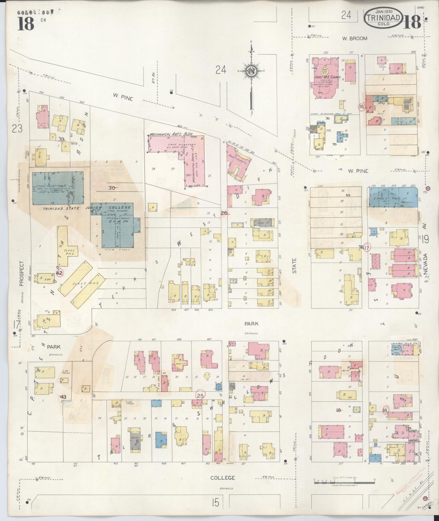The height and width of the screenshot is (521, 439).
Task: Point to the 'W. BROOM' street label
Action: (x=355, y=39)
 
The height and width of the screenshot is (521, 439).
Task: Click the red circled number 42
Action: (x=60, y=273)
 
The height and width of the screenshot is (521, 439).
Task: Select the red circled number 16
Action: (x=362, y=107)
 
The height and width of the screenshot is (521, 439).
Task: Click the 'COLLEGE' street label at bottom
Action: (x=223, y=478)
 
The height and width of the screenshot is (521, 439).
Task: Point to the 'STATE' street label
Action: (x=294, y=266)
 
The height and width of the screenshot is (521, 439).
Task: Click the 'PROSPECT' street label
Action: (x=21, y=274)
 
